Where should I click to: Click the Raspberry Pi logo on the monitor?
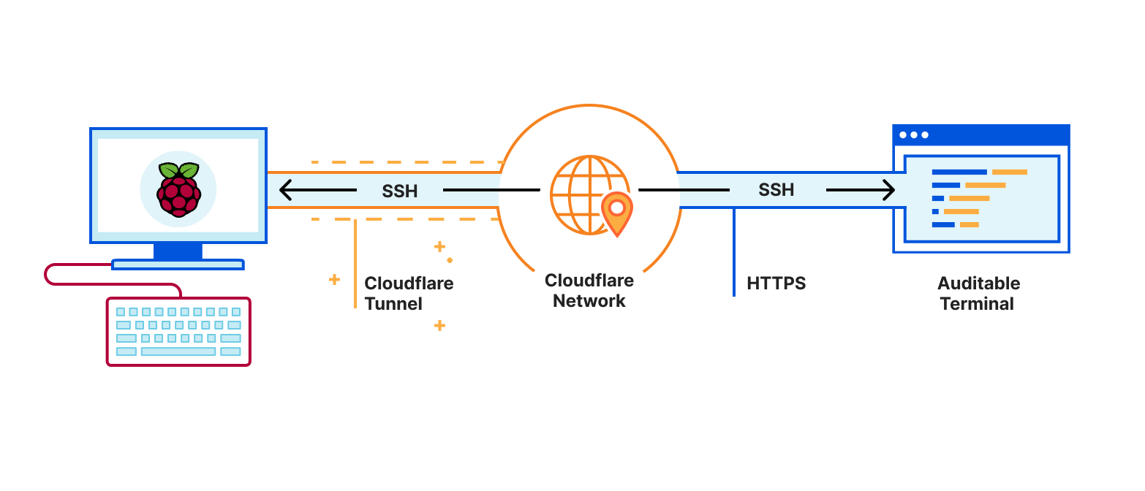(x=178, y=190)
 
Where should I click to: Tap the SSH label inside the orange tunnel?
(x=400, y=191)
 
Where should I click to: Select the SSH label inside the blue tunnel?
(x=776, y=190)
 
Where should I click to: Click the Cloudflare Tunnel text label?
(x=409, y=293)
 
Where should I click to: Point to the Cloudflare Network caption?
(x=589, y=291)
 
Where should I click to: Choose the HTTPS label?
(x=776, y=283)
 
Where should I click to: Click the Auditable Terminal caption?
(x=978, y=294)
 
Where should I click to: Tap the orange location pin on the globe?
(x=617, y=213)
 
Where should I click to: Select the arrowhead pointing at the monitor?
(x=287, y=191)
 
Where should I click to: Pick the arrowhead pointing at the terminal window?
(x=888, y=191)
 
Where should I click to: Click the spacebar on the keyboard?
(x=178, y=351)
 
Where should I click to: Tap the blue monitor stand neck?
(x=178, y=251)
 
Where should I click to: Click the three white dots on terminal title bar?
(x=914, y=135)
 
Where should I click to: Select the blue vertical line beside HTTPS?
(x=734, y=252)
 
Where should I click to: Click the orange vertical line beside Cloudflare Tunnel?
(x=355, y=263)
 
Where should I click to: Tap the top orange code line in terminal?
(x=1009, y=172)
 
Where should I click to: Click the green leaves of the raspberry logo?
(x=178, y=170)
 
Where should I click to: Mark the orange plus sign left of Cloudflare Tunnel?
(x=334, y=279)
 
